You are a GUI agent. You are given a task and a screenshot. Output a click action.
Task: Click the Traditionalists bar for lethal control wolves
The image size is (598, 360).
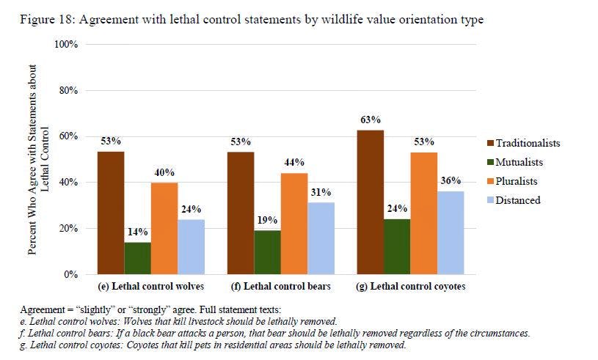(x=112, y=213)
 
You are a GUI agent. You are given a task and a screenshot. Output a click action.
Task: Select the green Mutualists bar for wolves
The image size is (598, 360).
(x=136, y=258)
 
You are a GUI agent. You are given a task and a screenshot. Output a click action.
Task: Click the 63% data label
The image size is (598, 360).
(x=371, y=120)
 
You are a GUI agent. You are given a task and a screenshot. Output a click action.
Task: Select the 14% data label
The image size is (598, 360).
(x=136, y=232)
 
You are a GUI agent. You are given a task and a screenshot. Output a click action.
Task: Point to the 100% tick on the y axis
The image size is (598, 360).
(x=67, y=45)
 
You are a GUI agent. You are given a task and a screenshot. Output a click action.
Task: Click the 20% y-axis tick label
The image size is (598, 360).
(x=69, y=229)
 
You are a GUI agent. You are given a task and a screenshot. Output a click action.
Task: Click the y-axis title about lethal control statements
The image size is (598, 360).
(x=38, y=159)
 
